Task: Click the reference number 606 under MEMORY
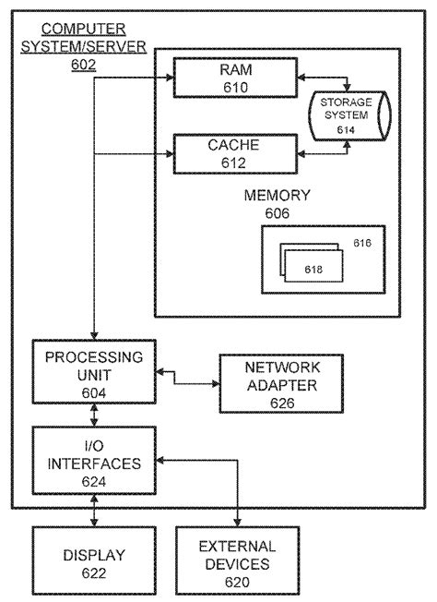coord(278,213)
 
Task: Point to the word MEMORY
coord(277,196)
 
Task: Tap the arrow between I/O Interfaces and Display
coord(94,510)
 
